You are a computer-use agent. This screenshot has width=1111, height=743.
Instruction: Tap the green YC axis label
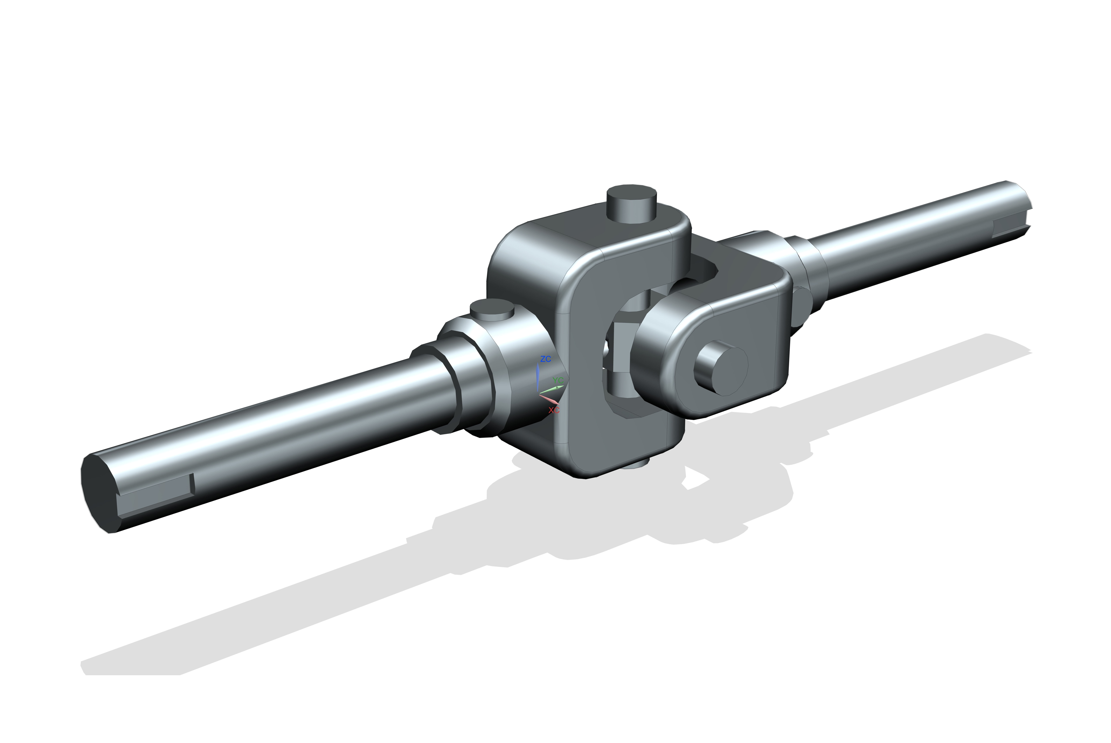coord(558,380)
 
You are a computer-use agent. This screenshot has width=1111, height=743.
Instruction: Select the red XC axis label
coord(554,410)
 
